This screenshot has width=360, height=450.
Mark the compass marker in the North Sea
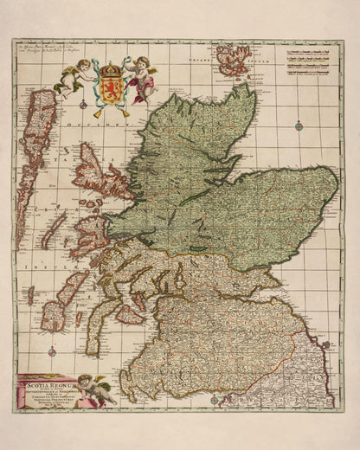(299, 126)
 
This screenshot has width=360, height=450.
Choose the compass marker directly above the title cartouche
(51, 350)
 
